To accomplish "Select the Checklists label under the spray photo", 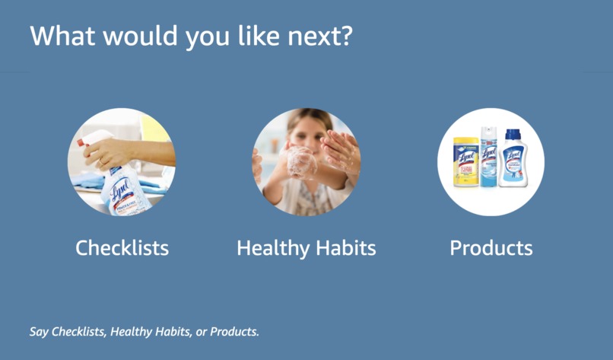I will click(x=122, y=248).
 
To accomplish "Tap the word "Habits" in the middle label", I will click(x=346, y=248).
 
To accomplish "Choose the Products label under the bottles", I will click(x=491, y=248).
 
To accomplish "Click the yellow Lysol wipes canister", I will click(x=465, y=163).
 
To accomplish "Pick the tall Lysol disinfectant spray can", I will click(x=488, y=158).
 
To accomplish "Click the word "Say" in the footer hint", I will click(x=39, y=332).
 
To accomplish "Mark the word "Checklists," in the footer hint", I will click(x=79, y=332).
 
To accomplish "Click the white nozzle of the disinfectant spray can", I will click(x=488, y=130).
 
